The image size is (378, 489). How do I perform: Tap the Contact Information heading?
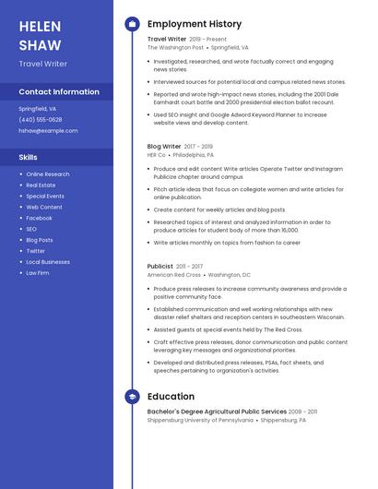pyautogui.click(x=59, y=91)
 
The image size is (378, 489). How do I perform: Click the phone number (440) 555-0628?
pyautogui.click(x=41, y=119)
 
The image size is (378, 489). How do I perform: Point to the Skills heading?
pyautogui.click(x=29, y=157)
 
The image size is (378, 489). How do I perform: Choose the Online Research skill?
pyautogui.click(x=48, y=173)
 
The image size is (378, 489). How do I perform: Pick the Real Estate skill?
pyautogui.click(x=41, y=185)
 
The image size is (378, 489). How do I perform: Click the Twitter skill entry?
pyautogui.click(x=35, y=251)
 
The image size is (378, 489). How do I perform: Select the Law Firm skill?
pyautogui.click(x=38, y=273)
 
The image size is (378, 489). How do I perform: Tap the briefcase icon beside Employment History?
pyautogui.click(x=133, y=24)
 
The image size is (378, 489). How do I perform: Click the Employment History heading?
pyautogui.click(x=195, y=24)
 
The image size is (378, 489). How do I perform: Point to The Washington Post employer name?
pyautogui.click(x=175, y=47)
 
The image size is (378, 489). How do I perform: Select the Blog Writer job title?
pyautogui.click(x=164, y=146)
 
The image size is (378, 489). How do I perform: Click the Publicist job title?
pyautogui.click(x=159, y=266)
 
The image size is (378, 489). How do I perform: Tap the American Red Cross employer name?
pyautogui.click(x=173, y=274)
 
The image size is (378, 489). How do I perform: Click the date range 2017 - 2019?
pyautogui.click(x=198, y=146)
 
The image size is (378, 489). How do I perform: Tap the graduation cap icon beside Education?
pyautogui.click(x=133, y=397)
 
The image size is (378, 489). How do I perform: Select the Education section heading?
pyautogui.click(x=171, y=397)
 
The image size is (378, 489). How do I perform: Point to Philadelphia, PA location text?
pyautogui.click(x=193, y=155)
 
